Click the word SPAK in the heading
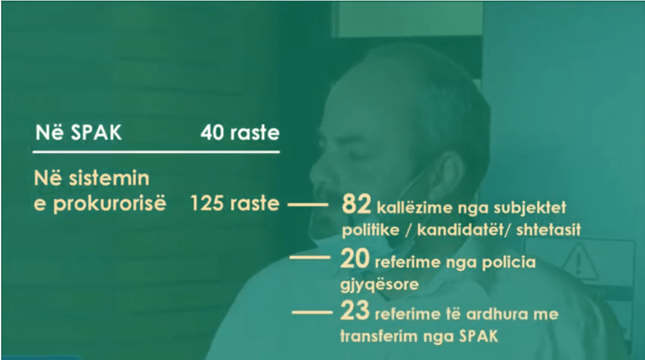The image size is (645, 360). [x=97, y=133]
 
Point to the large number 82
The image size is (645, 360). [x=356, y=205]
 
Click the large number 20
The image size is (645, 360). [x=355, y=261]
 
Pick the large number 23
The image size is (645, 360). [x=355, y=313]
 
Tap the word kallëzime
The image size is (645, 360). [x=413, y=209]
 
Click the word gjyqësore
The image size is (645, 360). [x=380, y=284]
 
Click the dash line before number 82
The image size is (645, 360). [x=307, y=205]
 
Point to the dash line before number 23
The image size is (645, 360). [x=313, y=312]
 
